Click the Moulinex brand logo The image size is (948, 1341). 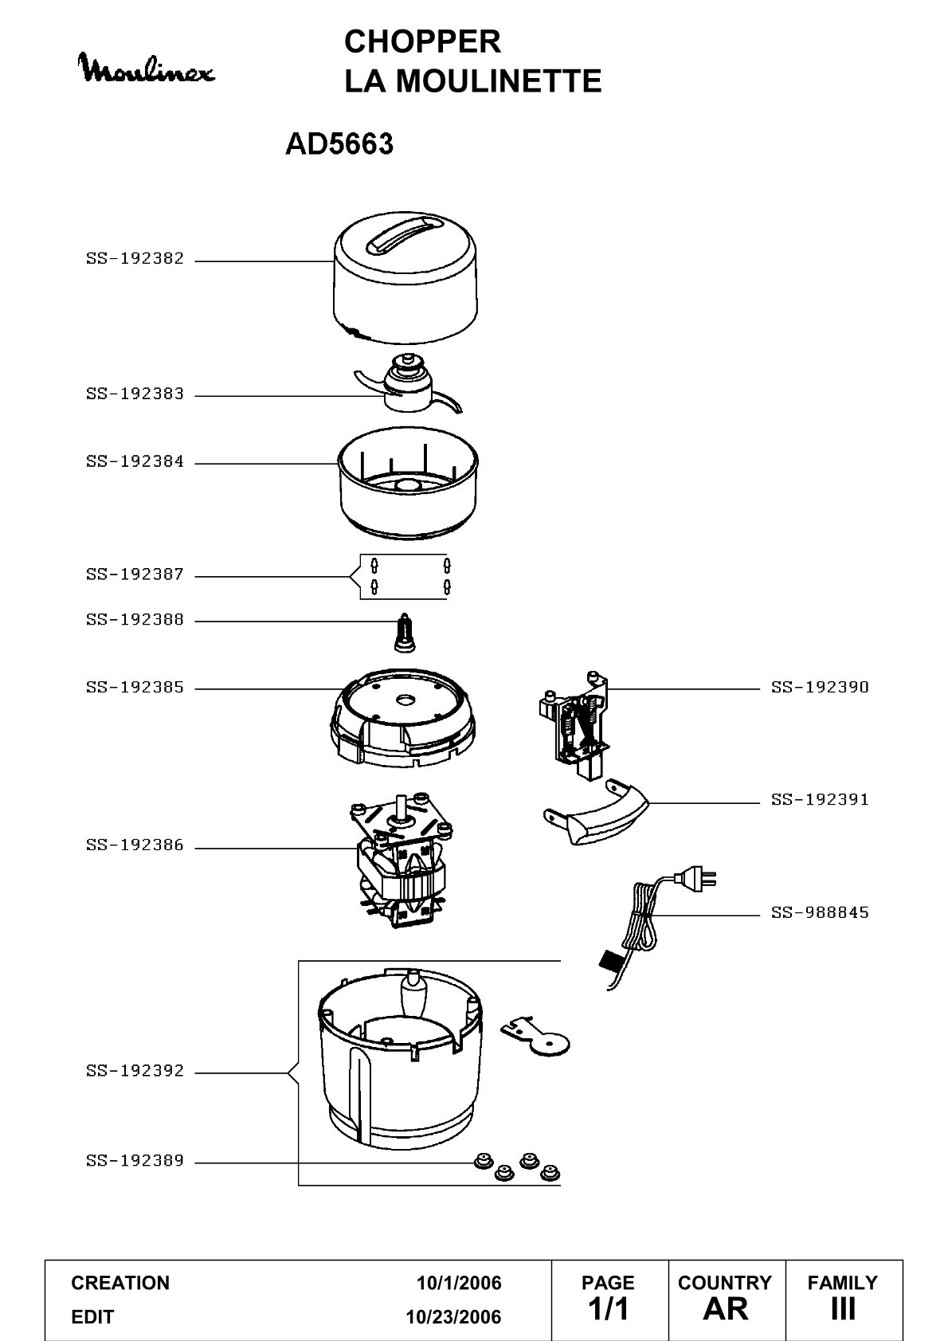[147, 69]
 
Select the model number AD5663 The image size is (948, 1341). [339, 144]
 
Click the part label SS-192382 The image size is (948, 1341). [135, 259]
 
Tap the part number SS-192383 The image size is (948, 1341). [135, 394]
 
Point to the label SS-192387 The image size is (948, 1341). [135, 574]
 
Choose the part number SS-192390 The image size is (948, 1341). [820, 688]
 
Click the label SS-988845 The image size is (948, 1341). [820, 913]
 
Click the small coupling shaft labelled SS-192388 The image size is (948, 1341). [405, 632]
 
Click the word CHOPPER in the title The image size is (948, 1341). [422, 42]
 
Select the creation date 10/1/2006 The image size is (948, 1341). [459, 1283]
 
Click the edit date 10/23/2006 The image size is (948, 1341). [453, 1317]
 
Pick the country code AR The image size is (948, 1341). [726, 1309]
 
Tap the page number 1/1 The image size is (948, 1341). [608, 1309]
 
